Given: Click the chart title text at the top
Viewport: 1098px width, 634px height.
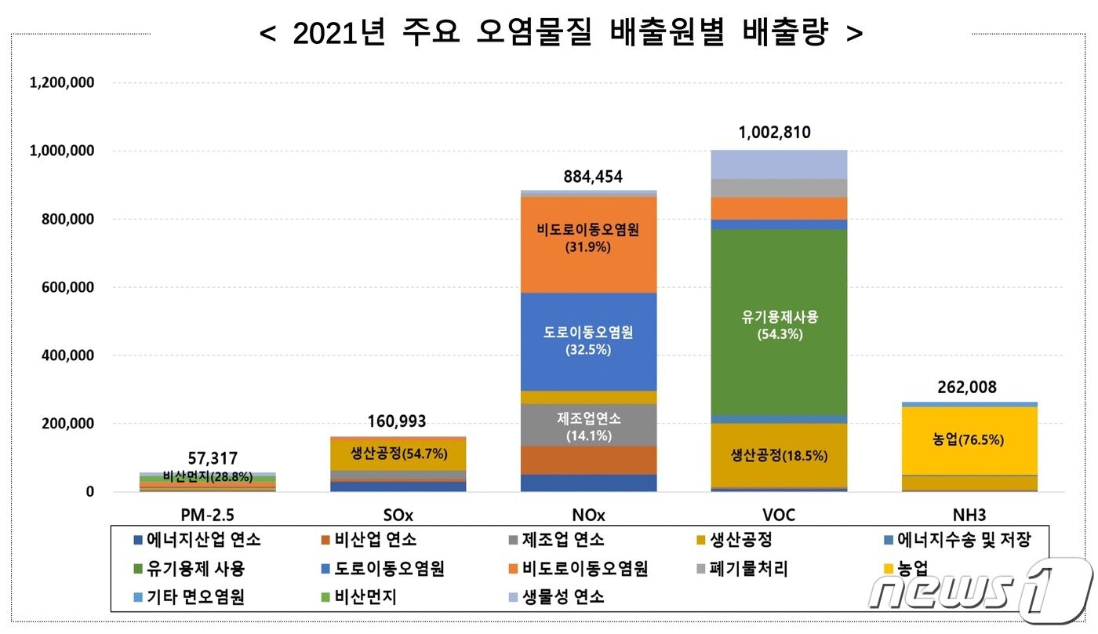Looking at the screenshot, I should [x=561, y=33].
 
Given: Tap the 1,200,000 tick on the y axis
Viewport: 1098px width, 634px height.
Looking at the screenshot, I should [x=62, y=82].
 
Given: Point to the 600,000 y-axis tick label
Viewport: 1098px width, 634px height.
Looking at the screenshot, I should [x=67, y=287].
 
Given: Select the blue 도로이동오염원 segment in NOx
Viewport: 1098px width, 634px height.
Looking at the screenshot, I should [x=589, y=341].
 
